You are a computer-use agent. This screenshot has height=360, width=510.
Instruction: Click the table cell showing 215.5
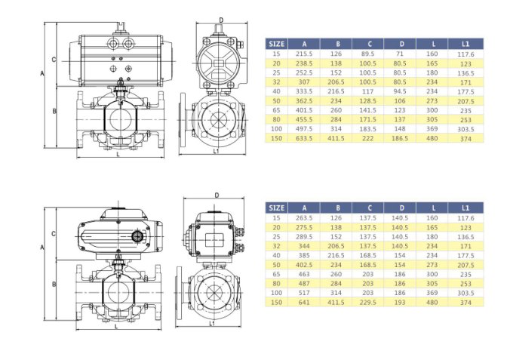pyautogui.click(x=304, y=54)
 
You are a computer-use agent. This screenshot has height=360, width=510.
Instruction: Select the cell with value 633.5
pyautogui.click(x=304, y=138)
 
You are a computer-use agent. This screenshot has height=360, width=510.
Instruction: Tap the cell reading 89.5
pyautogui.click(x=368, y=54)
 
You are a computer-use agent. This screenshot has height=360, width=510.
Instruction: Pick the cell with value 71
pyautogui.click(x=400, y=54)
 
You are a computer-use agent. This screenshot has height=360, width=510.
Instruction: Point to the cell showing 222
pyautogui.click(x=368, y=138)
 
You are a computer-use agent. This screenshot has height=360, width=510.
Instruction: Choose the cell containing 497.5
pyautogui.click(x=304, y=129)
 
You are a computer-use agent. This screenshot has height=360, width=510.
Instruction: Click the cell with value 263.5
pyautogui.click(x=304, y=218)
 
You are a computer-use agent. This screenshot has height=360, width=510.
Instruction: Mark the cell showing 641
pyautogui.click(x=304, y=303)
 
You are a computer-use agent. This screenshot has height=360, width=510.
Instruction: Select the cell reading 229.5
pyautogui.click(x=368, y=303)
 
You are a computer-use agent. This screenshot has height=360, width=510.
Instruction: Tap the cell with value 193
pyautogui.click(x=400, y=303)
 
